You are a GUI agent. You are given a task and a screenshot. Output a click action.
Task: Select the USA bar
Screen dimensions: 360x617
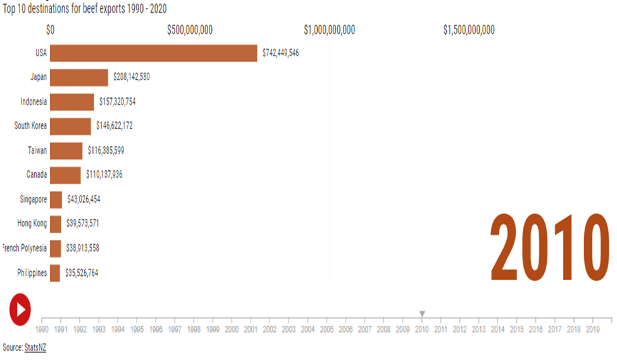tap(153, 53)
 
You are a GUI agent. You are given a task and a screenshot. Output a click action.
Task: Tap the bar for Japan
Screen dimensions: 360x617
tap(79, 77)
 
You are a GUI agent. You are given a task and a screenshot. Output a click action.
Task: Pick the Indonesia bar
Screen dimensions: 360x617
tap(72, 102)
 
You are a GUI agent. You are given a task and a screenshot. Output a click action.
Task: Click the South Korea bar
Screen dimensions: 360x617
tap(70, 126)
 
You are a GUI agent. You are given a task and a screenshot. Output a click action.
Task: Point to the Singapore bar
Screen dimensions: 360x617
tap(56, 199)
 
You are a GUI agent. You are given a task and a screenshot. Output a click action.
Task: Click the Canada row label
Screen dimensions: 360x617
tap(36, 175)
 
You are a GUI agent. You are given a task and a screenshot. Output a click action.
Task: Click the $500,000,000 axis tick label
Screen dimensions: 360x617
tap(190, 30)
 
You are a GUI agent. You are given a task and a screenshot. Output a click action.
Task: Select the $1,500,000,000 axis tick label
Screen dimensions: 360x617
tap(469, 30)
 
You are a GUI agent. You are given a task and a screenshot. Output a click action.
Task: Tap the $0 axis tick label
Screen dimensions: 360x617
tap(51, 30)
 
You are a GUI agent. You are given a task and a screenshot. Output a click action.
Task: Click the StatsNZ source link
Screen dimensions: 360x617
tap(35, 348)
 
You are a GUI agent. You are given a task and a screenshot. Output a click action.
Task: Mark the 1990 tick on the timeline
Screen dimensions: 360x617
tap(42, 329)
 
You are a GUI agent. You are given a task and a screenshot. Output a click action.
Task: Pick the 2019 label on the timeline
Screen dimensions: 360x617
tap(593, 330)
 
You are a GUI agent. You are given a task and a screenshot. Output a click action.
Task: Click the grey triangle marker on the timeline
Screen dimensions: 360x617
tap(422, 314)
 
